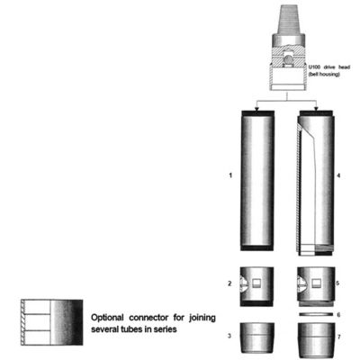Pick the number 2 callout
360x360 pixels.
232,283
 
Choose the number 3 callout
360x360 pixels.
232,335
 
